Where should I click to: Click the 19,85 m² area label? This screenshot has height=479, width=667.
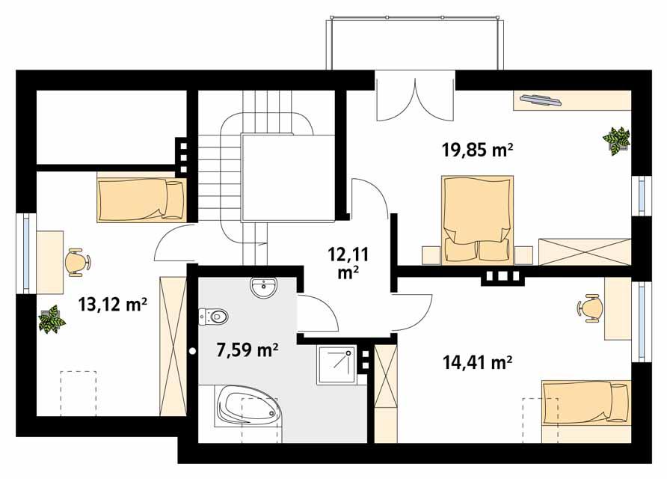click(x=476, y=150)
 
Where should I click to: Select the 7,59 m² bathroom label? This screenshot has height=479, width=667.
click(x=247, y=350)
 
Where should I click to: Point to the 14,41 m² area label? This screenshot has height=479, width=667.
click(x=476, y=364)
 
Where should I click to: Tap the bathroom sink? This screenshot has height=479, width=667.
click(x=263, y=287)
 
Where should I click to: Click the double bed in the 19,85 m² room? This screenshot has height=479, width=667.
click(x=478, y=219)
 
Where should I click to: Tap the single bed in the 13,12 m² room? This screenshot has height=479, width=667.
click(x=141, y=199)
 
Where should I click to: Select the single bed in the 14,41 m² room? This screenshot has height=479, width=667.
click(x=585, y=403)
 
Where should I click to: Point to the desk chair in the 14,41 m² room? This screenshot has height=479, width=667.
click(x=590, y=308)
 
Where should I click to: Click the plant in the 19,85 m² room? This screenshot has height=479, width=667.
click(x=617, y=140)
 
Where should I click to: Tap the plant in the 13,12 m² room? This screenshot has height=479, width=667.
click(x=52, y=320)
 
